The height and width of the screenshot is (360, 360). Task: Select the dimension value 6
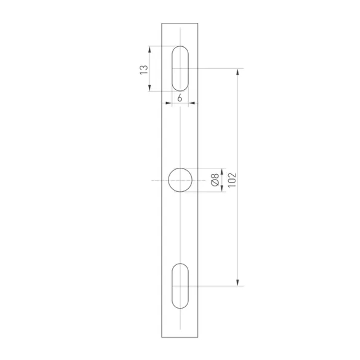pyautogui.click(x=180, y=97)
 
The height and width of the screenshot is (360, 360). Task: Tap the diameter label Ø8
pyautogui.click(x=215, y=180)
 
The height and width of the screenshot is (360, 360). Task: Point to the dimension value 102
pyautogui.click(x=231, y=179)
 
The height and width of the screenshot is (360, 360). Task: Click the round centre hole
pyautogui.click(x=180, y=180)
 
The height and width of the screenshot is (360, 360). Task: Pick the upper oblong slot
pyautogui.click(x=180, y=68)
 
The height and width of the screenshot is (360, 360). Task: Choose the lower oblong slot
pyautogui.click(x=180, y=286)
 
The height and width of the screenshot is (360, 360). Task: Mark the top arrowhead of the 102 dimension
pyautogui.click(x=238, y=72)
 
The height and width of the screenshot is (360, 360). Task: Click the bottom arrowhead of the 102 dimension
pyautogui.click(x=238, y=283)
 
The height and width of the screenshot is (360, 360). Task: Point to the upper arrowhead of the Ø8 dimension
pyautogui.click(x=222, y=171)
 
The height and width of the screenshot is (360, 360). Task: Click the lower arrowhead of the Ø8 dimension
pyautogui.click(x=222, y=188)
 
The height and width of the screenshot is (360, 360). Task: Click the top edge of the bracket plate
pyautogui.click(x=180, y=23)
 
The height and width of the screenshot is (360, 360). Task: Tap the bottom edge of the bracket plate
pyautogui.click(x=180, y=337)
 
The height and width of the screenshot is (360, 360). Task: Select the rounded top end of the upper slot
pyautogui.click(x=180, y=47)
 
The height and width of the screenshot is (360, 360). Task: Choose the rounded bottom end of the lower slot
pyautogui.click(x=180, y=308)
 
